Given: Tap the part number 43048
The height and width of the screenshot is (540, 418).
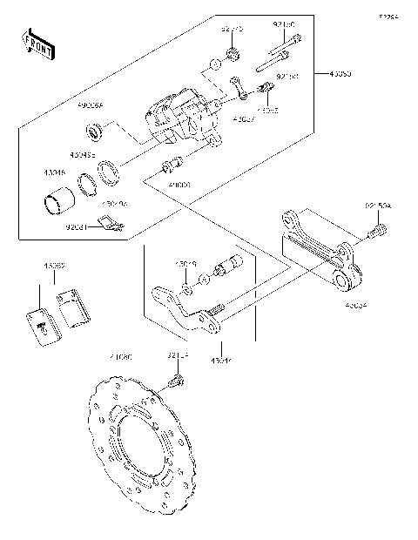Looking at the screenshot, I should [54, 174].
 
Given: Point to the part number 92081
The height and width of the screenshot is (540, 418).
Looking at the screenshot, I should [78, 228].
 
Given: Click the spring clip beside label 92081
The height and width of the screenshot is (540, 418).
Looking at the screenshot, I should [110, 226].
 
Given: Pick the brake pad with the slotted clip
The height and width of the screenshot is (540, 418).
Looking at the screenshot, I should [40, 322].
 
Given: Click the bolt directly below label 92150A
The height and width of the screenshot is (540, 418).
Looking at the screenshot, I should [378, 233].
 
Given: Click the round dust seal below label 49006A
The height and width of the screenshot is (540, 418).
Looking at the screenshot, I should [97, 132].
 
